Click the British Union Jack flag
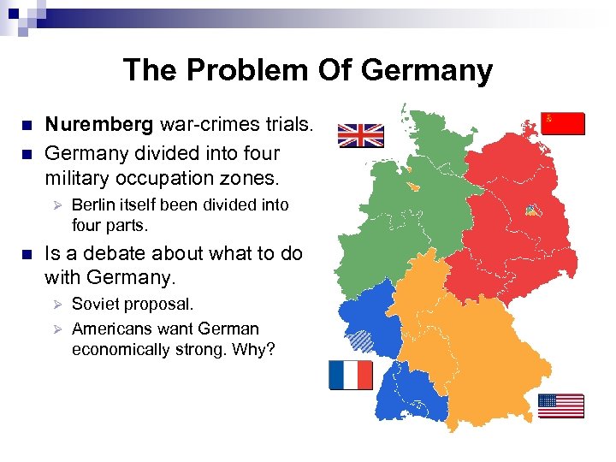click(360, 135)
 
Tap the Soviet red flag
click(564, 123)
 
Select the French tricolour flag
click(351, 375)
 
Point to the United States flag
click(561, 406)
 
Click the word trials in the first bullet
click(283, 125)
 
